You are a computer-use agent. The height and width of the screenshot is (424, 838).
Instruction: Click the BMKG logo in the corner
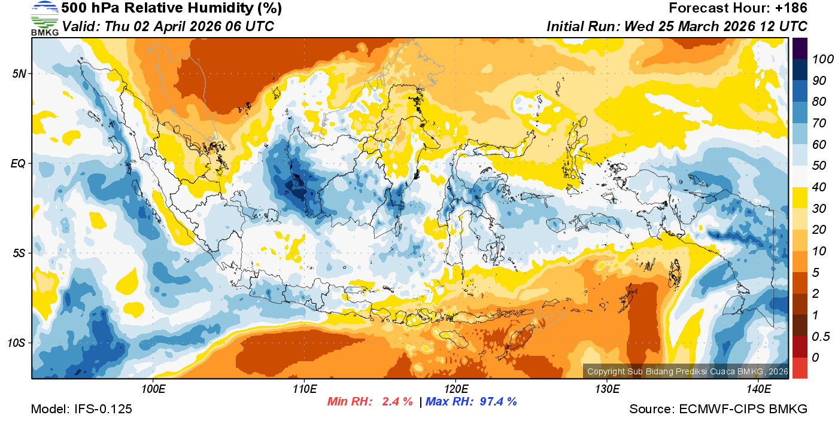click(44, 18)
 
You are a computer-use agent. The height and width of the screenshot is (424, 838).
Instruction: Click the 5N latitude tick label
click(19, 74)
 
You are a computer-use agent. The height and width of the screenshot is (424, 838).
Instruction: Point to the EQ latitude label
click(19, 163)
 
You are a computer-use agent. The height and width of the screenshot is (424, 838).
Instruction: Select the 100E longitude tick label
click(153, 389)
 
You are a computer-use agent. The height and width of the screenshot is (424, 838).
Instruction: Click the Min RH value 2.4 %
click(397, 401)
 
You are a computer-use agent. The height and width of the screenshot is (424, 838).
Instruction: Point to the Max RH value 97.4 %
click(496, 401)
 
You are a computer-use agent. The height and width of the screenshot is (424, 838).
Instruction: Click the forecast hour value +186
click(791, 8)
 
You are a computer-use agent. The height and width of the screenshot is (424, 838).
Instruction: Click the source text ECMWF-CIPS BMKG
click(744, 410)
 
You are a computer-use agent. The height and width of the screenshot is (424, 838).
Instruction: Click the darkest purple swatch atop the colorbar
click(800, 48)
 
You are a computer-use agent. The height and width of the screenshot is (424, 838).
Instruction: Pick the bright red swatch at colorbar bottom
click(800, 368)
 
